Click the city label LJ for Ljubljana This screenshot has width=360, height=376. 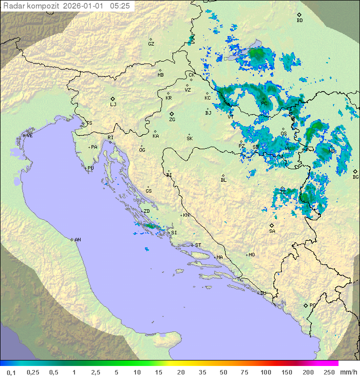click(113, 104)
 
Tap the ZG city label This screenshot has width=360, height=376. click(172, 120)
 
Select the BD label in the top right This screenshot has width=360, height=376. click(299, 21)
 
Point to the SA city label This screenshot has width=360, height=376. click(272, 231)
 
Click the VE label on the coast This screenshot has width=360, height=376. click(29, 136)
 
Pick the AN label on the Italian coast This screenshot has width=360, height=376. click(77, 240)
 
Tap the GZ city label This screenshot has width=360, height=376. click(151, 44)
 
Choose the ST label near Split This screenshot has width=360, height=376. click(198, 245)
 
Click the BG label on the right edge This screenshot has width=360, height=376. click(355, 177)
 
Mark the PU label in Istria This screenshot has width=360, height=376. click(90, 168)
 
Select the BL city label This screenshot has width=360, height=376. click(223, 180)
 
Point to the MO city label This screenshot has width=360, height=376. click(251, 255)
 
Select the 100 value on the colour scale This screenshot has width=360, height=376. click(265, 372)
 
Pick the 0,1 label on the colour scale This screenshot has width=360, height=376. click(11, 372)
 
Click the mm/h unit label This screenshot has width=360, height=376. click(348, 372)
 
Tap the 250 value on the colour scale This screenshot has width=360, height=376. click(328, 372)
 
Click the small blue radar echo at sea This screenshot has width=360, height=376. click(146, 249)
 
